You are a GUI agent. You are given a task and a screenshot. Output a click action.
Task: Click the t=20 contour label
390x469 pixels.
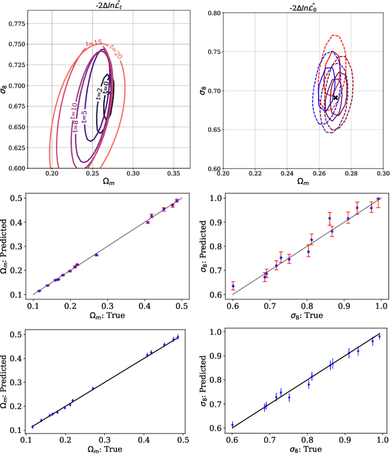[115, 51]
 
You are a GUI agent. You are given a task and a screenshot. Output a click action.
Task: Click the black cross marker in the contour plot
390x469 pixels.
[335, 97]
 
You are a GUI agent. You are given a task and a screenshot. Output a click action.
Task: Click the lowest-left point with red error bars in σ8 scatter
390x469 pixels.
[232, 286]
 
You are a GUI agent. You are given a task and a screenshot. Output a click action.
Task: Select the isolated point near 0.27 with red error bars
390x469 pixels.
[96, 255]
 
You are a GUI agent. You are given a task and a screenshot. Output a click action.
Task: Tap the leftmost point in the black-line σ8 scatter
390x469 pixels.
[232, 425]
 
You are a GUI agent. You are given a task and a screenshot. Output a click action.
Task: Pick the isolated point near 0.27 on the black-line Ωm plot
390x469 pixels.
[93, 389]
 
